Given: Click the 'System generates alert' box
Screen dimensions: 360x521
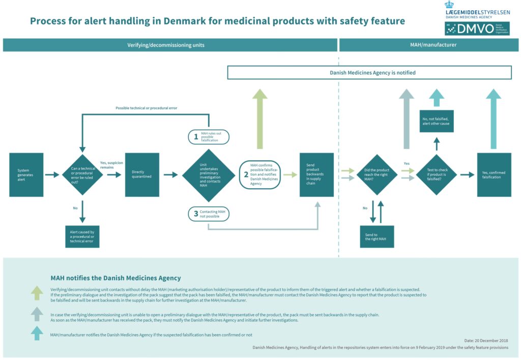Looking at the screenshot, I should pos(26,174).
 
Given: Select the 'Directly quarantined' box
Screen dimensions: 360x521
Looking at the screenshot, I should pos(142,174).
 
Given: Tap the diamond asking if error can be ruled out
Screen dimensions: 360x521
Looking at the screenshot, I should pos(82,174).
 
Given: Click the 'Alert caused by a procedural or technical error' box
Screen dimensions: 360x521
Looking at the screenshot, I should pos(82,236).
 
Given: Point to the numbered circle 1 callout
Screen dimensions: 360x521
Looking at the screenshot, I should pos(209,137).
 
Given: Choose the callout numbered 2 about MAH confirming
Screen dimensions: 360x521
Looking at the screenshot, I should pos(259,174).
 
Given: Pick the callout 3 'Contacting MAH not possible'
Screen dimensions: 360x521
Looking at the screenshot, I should pos(209,214).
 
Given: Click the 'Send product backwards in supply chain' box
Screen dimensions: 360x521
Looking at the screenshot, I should pos(316,174).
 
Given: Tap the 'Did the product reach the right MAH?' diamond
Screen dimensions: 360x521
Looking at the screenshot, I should pos(377,174).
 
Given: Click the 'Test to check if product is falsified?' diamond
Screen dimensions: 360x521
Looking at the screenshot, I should pos(436,174).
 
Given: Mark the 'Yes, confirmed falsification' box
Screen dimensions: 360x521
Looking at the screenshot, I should pos(494,174).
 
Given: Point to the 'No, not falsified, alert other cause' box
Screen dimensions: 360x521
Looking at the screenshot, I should pos(436,121).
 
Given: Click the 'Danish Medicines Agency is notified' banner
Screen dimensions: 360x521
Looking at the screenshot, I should pos(369,73).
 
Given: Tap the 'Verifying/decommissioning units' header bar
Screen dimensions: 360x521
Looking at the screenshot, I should pos(170,45).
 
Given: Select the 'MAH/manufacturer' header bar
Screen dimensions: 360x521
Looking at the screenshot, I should pos(429,45).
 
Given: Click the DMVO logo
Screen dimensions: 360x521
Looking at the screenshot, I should pos(477,28).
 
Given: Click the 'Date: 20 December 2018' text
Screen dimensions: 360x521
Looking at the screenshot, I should pos(486,340).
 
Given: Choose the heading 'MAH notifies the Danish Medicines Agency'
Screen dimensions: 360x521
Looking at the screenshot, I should pos(115,278).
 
